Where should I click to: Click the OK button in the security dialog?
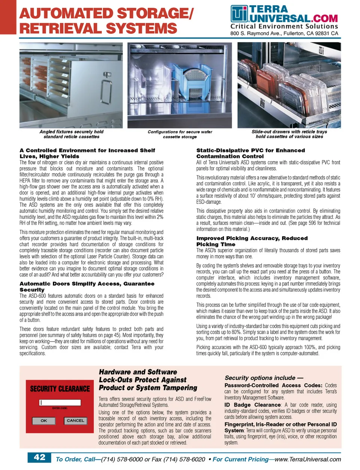44,420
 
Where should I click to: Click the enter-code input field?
60,402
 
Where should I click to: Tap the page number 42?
39,457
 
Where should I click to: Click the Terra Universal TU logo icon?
239,14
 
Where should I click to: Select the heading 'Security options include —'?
264,378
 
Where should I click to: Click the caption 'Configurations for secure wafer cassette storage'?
180,134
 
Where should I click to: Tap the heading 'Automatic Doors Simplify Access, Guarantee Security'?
87,286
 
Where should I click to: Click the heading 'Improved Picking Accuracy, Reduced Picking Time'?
252,241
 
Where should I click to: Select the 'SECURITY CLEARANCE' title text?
60,389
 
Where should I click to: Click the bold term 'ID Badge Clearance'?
252,405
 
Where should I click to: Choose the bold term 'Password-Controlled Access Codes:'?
273,385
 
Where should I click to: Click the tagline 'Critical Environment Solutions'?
284,26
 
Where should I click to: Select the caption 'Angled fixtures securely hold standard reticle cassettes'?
71,134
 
